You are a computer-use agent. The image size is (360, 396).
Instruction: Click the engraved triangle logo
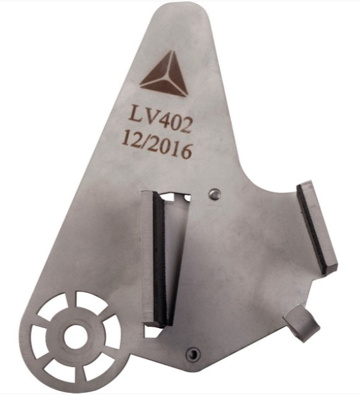click(x=165, y=76)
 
